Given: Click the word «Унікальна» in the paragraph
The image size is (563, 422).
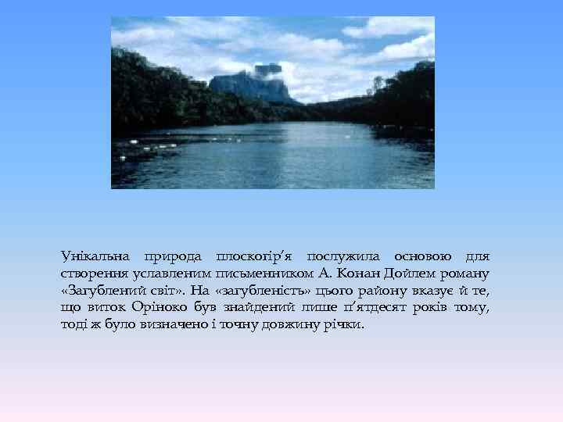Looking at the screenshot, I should click(91, 256).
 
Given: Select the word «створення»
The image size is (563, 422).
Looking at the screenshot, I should click(89, 274).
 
